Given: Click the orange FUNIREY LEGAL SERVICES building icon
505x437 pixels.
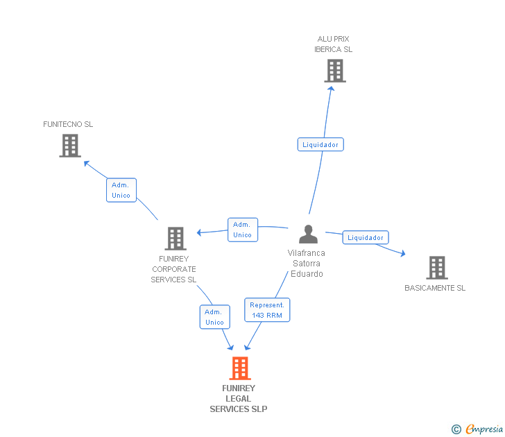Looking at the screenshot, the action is click(240, 368).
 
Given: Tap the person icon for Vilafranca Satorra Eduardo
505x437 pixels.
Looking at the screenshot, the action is click(308, 234).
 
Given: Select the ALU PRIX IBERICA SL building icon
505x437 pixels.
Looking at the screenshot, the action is click(335, 71).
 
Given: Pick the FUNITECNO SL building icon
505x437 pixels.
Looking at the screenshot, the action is click(70, 146).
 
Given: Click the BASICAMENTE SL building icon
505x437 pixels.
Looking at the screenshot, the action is click(437, 268).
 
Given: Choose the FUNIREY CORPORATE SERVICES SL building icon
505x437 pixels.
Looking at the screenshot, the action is click(176, 239).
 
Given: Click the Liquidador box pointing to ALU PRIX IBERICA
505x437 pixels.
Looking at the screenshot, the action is click(320, 144).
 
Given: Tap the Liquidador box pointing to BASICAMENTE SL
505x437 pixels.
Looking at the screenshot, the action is click(366, 237).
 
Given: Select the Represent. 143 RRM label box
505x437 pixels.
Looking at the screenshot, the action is click(267, 310).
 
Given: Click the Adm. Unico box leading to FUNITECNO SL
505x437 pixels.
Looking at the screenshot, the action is click(121, 190).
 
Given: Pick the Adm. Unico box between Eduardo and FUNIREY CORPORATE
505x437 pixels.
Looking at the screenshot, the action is click(243, 230).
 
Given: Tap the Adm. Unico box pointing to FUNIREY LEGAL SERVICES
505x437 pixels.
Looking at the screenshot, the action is click(214, 317).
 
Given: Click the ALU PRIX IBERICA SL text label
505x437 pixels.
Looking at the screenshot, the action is click(334, 44).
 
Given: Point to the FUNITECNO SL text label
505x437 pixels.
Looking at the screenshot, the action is click(68, 124).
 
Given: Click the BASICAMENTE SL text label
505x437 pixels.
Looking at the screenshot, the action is click(435, 288).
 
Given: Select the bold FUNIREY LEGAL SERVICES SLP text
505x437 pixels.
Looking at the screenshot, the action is click(239, 399).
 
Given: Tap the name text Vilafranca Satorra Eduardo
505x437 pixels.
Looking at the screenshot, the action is click(307, 264).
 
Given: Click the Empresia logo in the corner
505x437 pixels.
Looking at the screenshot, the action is click(477, 429).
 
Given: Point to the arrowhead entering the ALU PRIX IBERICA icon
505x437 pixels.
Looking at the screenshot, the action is click(331, 89).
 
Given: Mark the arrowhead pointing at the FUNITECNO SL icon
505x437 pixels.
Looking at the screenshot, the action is click(86, 163).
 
